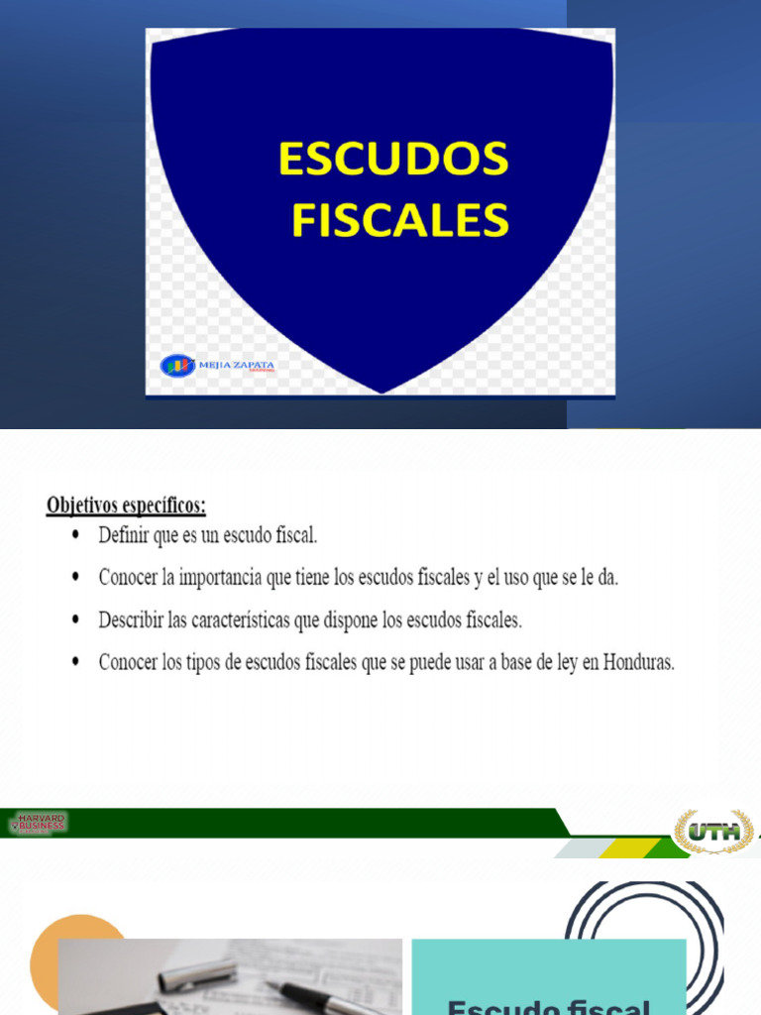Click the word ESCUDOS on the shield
[x=393, y=160]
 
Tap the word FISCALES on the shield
[x=399, y=220]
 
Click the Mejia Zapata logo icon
[x=177, y=366]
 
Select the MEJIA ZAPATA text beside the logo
[x=238, y=366]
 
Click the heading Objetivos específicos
[x=126, y=506]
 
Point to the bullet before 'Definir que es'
[x=77, y=536]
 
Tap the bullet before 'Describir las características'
[x=77, y=620]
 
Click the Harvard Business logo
[x=40, y=823]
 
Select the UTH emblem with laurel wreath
[x=713, y=831]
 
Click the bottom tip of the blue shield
[x=382, y=391]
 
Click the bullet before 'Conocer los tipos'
[x=77, y=663]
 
